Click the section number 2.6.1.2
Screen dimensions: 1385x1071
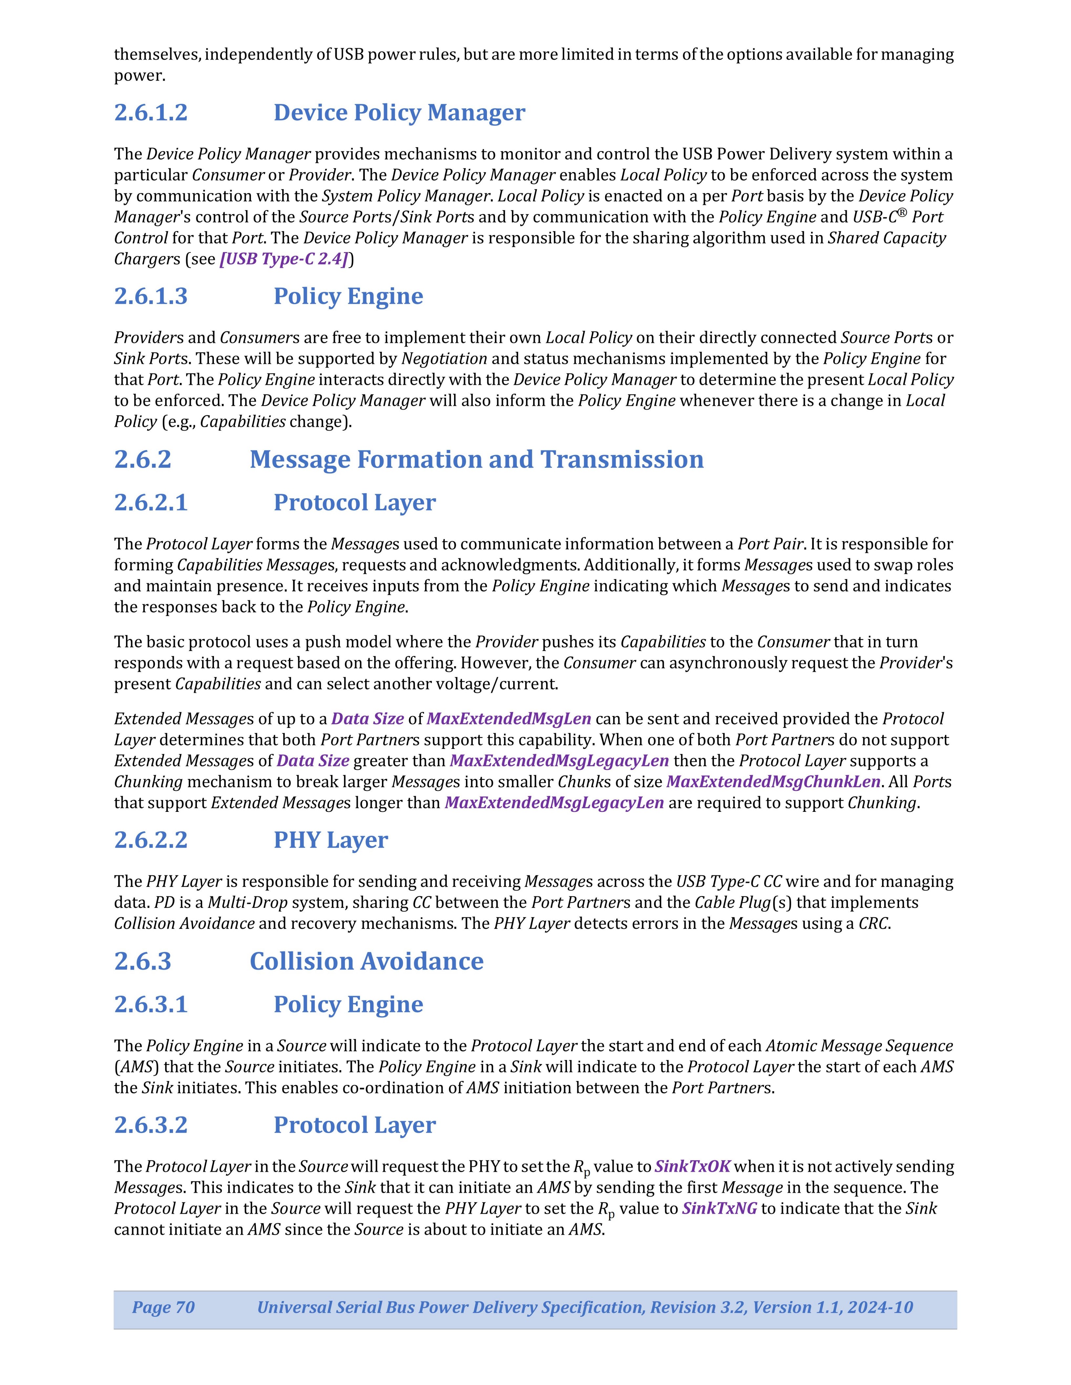[151, 113]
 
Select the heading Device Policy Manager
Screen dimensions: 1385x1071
[399, 113]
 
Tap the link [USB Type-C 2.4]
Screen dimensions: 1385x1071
[283, 259]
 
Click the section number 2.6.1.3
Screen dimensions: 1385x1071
[151, 296]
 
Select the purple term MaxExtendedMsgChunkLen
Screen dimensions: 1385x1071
[773, 782]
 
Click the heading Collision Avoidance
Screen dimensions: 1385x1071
[366, 961]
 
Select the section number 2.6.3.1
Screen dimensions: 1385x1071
[151, 1005]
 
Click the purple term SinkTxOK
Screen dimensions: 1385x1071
[692, 1166]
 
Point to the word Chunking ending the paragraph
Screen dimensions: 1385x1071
[882, 803]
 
